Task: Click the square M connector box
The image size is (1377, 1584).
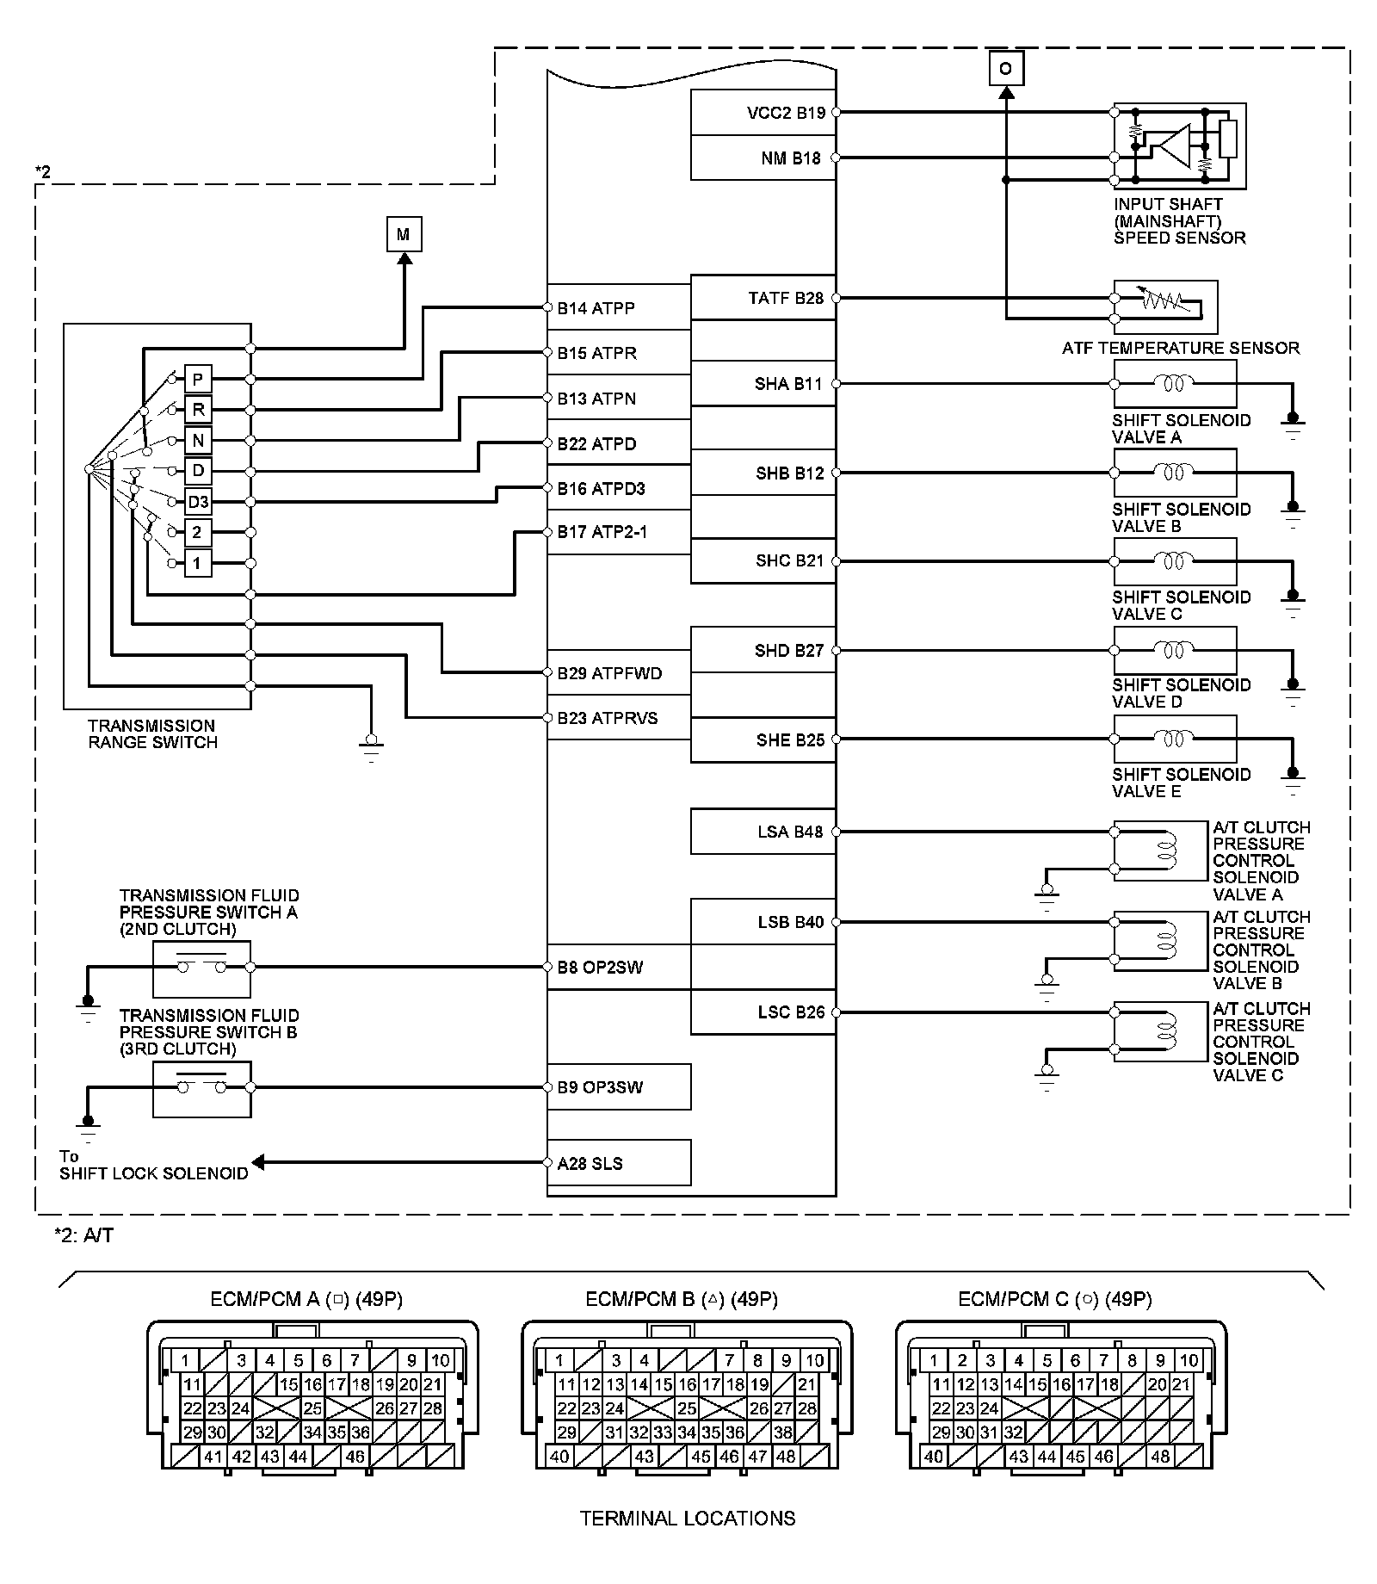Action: click(404, 234)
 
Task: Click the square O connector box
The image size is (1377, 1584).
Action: click(1006, 68)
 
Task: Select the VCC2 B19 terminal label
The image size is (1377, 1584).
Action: click(786, 113)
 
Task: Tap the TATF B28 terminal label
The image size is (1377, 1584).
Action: click(786, 299)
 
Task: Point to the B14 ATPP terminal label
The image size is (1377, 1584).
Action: click(596, 308)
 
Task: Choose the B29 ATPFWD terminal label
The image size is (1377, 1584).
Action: click(609, 673)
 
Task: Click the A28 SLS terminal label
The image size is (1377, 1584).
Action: click(590, 1164)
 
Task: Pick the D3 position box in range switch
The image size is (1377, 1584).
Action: click(198, 502)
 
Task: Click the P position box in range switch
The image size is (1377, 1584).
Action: click(198, 379)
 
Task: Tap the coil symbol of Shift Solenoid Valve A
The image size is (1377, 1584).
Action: click(1174, 384)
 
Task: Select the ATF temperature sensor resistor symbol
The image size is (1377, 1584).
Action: click(1165, 300)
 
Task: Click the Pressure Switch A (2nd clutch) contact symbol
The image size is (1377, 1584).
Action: click(201, 967)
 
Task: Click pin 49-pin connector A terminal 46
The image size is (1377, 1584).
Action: click(355, 1457)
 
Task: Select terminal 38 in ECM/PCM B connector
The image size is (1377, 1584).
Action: click(782, 1432)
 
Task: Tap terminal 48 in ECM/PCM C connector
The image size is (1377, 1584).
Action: click(1160, 1457)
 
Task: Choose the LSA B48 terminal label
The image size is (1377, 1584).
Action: click(790, 832)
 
